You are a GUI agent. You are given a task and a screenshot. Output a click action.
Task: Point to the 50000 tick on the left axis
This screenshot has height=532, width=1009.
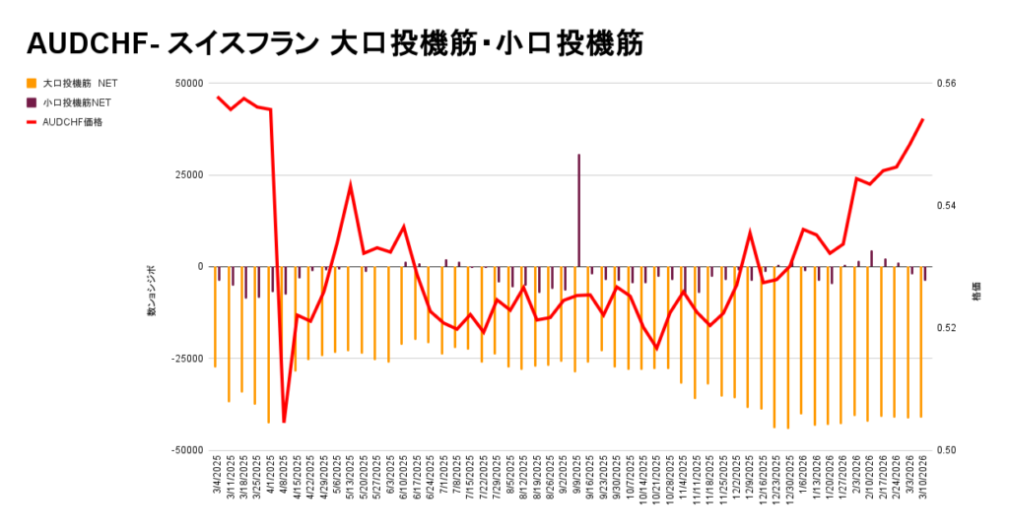click(x=187, y=83)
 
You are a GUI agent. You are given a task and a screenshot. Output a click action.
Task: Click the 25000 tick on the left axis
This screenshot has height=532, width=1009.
click(x=187, y=174)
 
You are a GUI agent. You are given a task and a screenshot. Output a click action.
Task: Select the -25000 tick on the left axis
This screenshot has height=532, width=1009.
click(x=185, y=359)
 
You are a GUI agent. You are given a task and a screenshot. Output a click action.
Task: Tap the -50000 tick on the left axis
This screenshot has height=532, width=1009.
click(x=185, y=450)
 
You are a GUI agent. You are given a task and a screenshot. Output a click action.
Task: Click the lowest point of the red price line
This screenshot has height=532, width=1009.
click(x=284, y=422)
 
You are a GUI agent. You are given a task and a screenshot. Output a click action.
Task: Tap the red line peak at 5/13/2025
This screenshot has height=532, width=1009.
click(x=351, y=184)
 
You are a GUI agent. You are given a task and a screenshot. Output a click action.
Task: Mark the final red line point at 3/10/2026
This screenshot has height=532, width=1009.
click(x=922, y=119)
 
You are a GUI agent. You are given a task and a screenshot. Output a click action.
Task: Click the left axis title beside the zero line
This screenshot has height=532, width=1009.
click(x=152, y=290)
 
